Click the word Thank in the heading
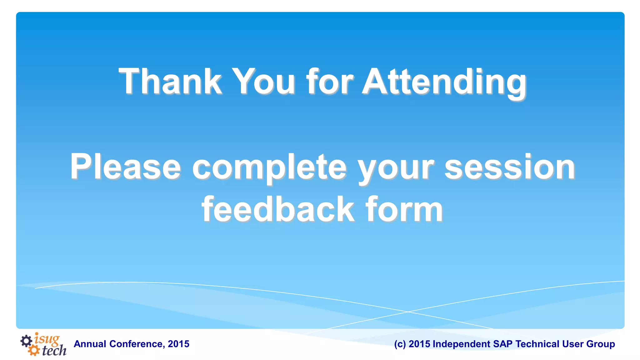click(x=170, y=82)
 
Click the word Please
click(x=125, y=167)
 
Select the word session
click(x=510, y=167)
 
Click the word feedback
click(x=278, y=209)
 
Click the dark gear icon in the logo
click(x=26, y=341)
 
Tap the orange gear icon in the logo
click(x=33, y=350)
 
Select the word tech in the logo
click(x=54, y=351)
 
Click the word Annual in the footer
click(x=90, y=344)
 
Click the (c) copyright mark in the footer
click(x=400, y=344)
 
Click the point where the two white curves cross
click(x=408, y=312)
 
